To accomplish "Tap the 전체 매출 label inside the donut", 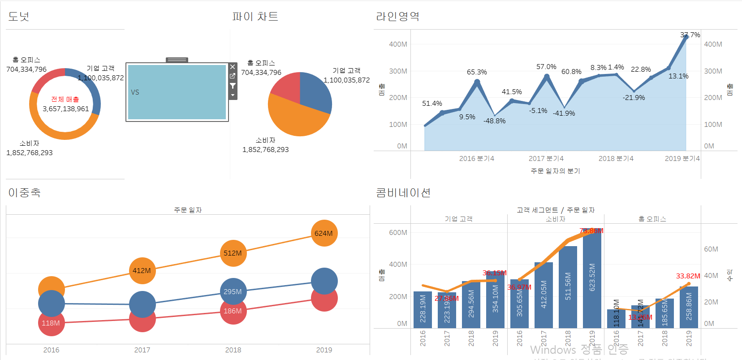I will pos(65,99).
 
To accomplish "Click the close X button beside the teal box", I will pos(233,67).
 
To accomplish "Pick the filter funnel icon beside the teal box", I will pos(233,86).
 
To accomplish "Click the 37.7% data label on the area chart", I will pos(690,35).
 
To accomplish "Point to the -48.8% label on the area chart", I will pos(494,121).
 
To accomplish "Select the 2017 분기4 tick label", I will pos(546,158).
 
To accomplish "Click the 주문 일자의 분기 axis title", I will pos(555,171).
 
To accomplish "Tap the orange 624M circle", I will pos(324,233).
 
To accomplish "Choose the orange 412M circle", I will pos(142,270).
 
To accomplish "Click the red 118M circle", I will pos(51,323).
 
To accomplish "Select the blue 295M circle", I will pos(233,291).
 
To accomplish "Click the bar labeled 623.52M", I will pos(592,278).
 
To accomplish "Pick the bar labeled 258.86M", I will pos(689,307).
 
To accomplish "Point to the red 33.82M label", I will pos(688,276).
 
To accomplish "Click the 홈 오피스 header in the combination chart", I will pos(652,219).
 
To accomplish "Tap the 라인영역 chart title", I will pos(397,17).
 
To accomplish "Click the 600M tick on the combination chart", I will pos(398,232).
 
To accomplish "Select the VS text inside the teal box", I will pos(135,92).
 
